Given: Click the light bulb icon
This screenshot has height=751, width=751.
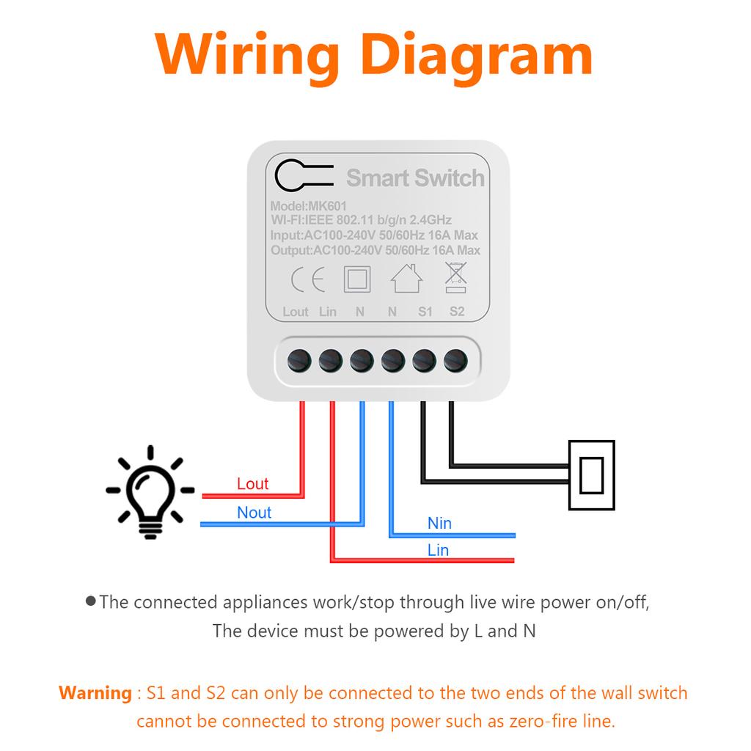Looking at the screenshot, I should [x=150, y=492].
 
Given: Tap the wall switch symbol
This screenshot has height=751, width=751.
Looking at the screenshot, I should [x=591, y=475].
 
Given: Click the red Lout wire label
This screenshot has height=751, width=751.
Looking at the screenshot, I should [x=252, y=484].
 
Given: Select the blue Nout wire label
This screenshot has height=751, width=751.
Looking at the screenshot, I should [x=254, y=513].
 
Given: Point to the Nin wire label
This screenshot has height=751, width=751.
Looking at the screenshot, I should [x=439, y=524].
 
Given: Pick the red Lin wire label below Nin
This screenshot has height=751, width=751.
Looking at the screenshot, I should [x=438, y=550].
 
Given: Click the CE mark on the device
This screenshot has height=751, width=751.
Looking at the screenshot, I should [x=308, y=280].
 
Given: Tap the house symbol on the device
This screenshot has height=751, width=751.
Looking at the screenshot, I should [x=406, y=279].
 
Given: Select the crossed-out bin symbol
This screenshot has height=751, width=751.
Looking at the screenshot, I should [x=456, y=277].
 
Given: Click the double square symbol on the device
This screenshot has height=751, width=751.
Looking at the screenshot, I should [x=357, y=279].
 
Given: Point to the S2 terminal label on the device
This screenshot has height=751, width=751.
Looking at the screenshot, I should [x=457, y=312].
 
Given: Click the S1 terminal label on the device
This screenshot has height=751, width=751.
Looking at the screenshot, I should [x=425, y=312].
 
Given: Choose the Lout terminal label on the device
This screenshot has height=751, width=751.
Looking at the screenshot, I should [x=296, y=312].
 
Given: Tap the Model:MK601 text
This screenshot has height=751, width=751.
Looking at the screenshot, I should [x=308, y=206].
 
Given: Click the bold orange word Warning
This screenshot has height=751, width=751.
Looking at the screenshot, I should [x=95, y=693].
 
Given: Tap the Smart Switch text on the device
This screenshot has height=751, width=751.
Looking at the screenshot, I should [x=415, y=177].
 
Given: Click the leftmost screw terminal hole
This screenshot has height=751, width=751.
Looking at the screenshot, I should [x=299, y=361].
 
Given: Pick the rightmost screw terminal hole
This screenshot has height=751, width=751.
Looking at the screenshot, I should [x=456, y=361].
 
